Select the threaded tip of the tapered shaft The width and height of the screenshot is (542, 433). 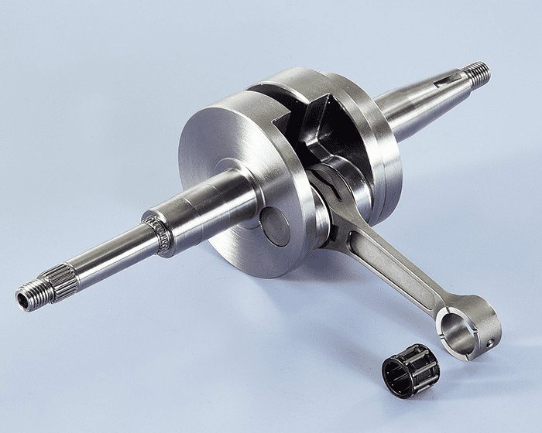coord(478,74)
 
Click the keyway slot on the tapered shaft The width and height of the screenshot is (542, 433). coord(447,80)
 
